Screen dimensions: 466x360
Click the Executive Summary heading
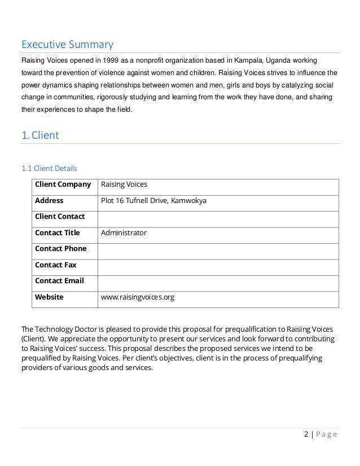click(67, 44)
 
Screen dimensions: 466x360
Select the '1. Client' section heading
click(40, 135)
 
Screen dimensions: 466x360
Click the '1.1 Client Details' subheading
click(49, 168)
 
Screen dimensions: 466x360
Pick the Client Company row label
click(63, 184)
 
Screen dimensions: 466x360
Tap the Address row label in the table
click(49, 201)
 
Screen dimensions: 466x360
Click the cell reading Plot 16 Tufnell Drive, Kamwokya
click(153, 201)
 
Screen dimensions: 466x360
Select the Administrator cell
click(124, 233)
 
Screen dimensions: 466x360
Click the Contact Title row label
click(57, 233)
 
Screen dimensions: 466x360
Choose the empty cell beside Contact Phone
click(218, 249)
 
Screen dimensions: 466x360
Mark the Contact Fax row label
click(55, 265)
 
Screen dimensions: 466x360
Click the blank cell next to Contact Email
click(218, 281)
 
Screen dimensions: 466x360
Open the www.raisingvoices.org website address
click(137, 297)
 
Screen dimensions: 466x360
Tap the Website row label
click(49, 297)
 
